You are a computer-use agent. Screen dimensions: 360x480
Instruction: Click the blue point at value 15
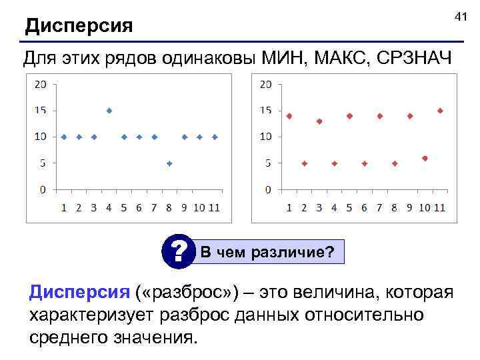point(109,111)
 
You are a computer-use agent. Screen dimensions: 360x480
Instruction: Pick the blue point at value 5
point(170,163)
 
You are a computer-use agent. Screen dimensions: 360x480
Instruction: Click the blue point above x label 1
point(64,137)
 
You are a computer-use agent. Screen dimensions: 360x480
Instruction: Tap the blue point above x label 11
point(215,137)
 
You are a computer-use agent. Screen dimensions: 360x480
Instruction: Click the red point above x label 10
point(425,158)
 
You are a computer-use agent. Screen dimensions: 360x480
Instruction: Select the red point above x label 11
point(440,111)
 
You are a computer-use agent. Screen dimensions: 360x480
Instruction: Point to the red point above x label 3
point(319,121)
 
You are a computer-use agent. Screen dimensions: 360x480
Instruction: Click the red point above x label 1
point(289,116)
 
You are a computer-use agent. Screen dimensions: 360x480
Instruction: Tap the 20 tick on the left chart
point(40,84)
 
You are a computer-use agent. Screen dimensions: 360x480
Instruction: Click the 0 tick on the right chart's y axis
point(267,189)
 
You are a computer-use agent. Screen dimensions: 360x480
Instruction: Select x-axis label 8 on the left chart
point(170,207)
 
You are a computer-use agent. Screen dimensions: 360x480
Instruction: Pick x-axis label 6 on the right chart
point(365,207)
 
